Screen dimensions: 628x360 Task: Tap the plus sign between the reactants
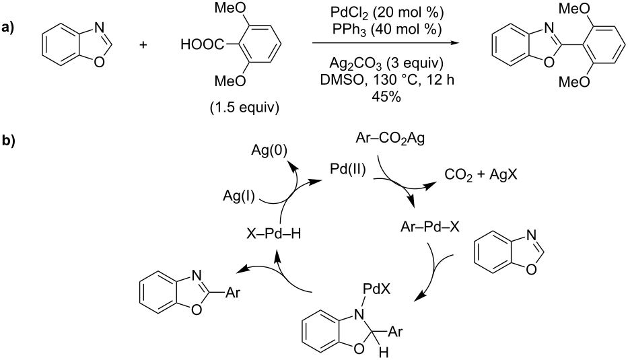[143, 44]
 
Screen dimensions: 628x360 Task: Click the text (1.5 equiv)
[245, 107]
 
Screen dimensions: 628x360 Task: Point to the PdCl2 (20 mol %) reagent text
[387, 13]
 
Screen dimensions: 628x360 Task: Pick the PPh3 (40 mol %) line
[387, 29]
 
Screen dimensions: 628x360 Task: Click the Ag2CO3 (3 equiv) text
[386, 63]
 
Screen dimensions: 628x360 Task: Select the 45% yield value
[386, 96]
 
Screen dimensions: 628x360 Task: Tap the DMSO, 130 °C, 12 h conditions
[387, 80]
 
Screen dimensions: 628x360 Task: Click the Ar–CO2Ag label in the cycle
[390, 139]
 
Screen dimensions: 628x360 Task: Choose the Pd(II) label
[347, 170]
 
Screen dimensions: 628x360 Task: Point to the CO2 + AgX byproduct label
[481, 175]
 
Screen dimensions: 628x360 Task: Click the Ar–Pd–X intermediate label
[430, 227]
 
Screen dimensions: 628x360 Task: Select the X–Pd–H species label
[273, 233]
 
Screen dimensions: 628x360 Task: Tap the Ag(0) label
[269, 151]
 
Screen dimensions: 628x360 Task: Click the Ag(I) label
[239, 196]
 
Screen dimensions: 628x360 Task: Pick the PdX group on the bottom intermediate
[376, 289]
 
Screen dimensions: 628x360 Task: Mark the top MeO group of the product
[574, 9]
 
